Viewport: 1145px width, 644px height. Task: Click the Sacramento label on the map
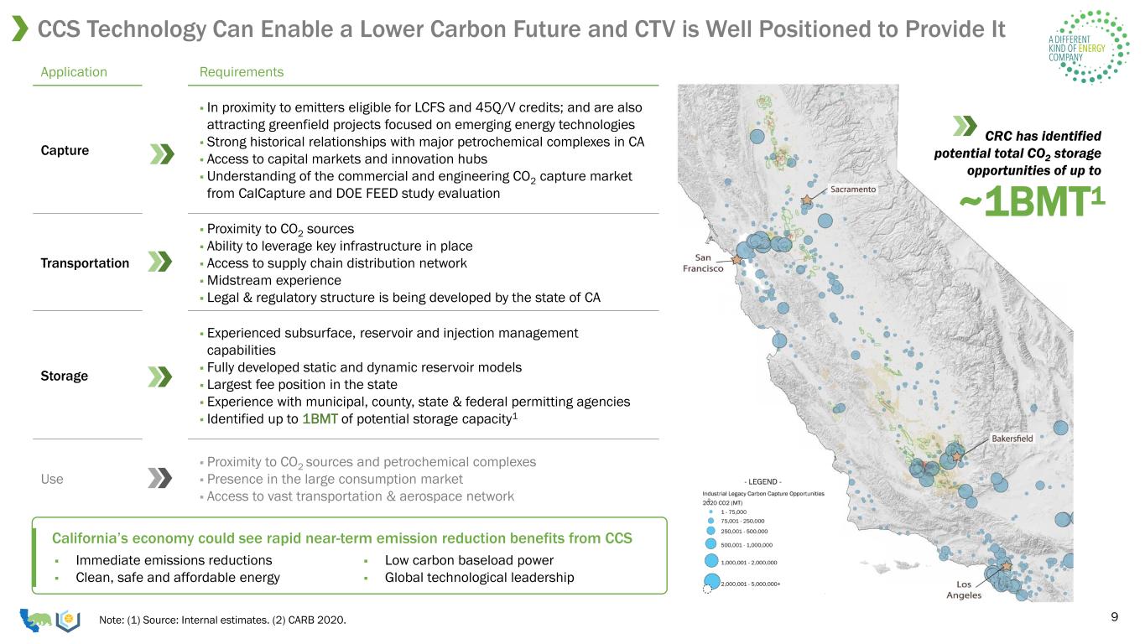[x=852, y=190]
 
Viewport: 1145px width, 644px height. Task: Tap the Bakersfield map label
[x=1012, y=439]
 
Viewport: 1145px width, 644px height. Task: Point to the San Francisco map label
[x=703, y=263]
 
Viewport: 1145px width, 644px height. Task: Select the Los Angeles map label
[x=964, y=589]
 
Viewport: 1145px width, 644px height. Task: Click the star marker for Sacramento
[x=807, y=200]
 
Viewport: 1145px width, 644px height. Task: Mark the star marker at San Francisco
[x=736, y=260]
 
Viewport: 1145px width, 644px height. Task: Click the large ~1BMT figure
[x=1032, y=201]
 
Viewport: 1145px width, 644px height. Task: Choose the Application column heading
[x=74, y=72]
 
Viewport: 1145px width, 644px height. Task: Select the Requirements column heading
[x=242, y=72]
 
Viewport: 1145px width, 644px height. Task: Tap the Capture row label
[x=65, y=151]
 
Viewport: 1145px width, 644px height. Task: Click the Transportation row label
[x=85, y=263]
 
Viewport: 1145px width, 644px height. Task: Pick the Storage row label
[x=64, y=377]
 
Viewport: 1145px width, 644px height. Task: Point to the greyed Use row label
[x=52, y=480]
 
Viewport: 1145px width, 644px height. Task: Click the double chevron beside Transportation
[x=160, y=262]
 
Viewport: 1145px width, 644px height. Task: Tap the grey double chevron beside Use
[x=160, y=479]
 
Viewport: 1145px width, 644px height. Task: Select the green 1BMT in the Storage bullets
[x=320, y=419]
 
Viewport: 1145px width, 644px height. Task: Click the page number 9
[x=1115, y=617]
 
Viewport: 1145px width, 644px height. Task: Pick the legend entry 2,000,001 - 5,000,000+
[x=751, y=584]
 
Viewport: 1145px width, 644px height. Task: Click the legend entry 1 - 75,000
[x=733, y=512]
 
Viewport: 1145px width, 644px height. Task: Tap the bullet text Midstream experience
[x=274, y=281]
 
